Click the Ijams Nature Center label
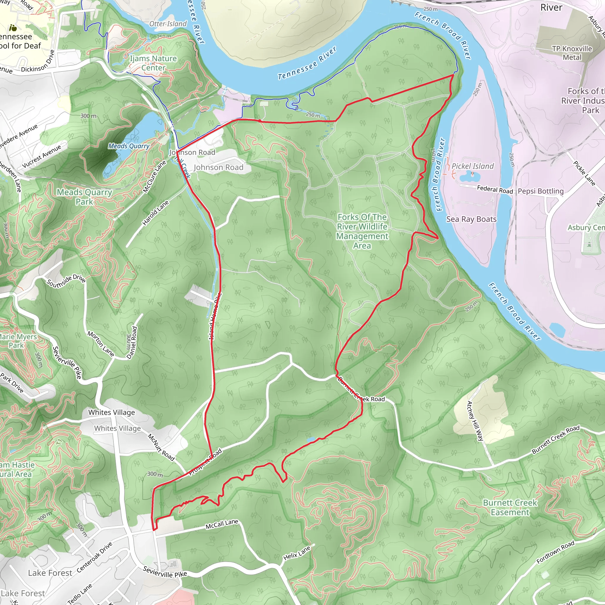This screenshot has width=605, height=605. [x=153, y=63]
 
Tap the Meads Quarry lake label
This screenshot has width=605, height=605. [x=129, y=146]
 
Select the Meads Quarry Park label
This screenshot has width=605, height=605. [x=84, y=197]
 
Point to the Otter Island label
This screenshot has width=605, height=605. [x=168, y=24]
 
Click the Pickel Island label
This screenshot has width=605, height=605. [x=473, y=166]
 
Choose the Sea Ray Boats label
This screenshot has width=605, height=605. [x=471, y=219]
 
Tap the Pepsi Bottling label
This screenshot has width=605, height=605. [x=541, y=191]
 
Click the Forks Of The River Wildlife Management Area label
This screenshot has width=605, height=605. [x=362, y=231]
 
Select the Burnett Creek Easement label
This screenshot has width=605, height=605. [x=510, y=507]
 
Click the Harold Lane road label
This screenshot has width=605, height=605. [x=156, y=213]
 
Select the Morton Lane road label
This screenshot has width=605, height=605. [x=100, y=344]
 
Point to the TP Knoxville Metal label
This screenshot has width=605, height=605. [x=572, y=53]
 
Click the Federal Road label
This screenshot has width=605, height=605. [x=495, y=189]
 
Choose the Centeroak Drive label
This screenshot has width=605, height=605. [x=95, y=557]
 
